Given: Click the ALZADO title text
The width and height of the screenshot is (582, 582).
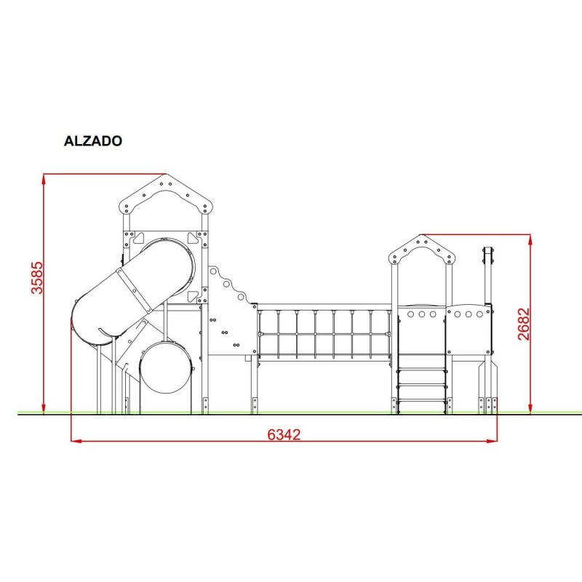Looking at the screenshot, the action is [x=93, y=140].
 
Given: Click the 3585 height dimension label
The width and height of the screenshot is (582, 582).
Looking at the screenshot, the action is [x=37, y=278].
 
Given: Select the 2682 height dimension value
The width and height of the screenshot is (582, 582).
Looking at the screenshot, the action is [x=524, y=324].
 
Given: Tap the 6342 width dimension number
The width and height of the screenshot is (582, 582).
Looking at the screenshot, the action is [x=284, y=434].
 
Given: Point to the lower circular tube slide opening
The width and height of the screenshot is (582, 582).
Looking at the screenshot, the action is [x=166, y=367].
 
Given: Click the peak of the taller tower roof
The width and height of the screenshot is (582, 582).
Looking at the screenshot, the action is [x=166, y=174].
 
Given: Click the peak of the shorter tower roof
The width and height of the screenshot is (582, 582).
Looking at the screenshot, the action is [x=421, y=235].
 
